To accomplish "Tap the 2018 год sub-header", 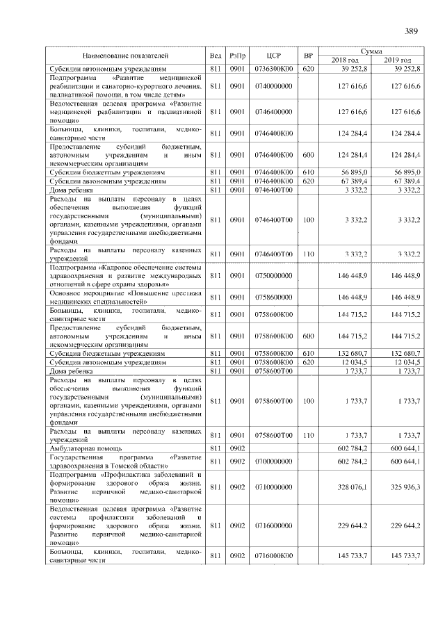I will click(344, 60).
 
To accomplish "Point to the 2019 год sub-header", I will click(398, 60).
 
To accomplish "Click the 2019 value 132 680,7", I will click(406, 353).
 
